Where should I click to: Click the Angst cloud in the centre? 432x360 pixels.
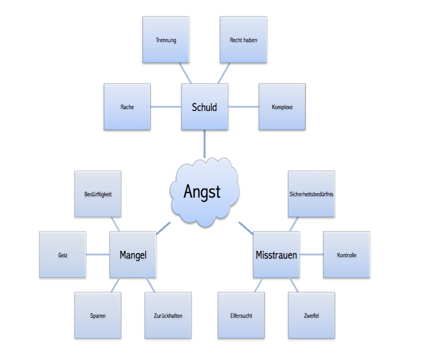pos(203,191)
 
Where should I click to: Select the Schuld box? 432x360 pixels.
pos(204,107)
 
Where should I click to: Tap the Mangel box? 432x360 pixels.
pos(133,255)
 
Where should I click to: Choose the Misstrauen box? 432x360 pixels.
pos(276,255)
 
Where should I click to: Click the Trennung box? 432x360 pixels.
pos(166,40)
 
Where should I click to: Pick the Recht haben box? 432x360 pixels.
pos(243,40)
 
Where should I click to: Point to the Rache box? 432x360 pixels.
pos(127,107)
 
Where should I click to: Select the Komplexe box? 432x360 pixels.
pos(282,107)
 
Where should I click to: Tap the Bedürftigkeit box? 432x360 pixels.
pos(98,194)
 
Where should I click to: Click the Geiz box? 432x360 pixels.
pos(62,255)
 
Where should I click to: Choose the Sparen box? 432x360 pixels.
pos(98,316)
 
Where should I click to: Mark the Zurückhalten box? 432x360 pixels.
pos(168,316)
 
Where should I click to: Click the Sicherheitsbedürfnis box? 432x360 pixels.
pos(311,194)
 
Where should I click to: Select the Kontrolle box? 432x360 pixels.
pos(347,255)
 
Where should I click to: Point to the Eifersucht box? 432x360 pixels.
pos(241,316)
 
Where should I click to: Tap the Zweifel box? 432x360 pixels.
pos(311,316)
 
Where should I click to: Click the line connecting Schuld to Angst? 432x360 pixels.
pos(204,144)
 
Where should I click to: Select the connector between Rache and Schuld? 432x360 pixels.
pos(166,107)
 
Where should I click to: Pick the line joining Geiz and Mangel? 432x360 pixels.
pos(97,255)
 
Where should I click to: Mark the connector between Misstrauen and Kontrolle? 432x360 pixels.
pos(311,255)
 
